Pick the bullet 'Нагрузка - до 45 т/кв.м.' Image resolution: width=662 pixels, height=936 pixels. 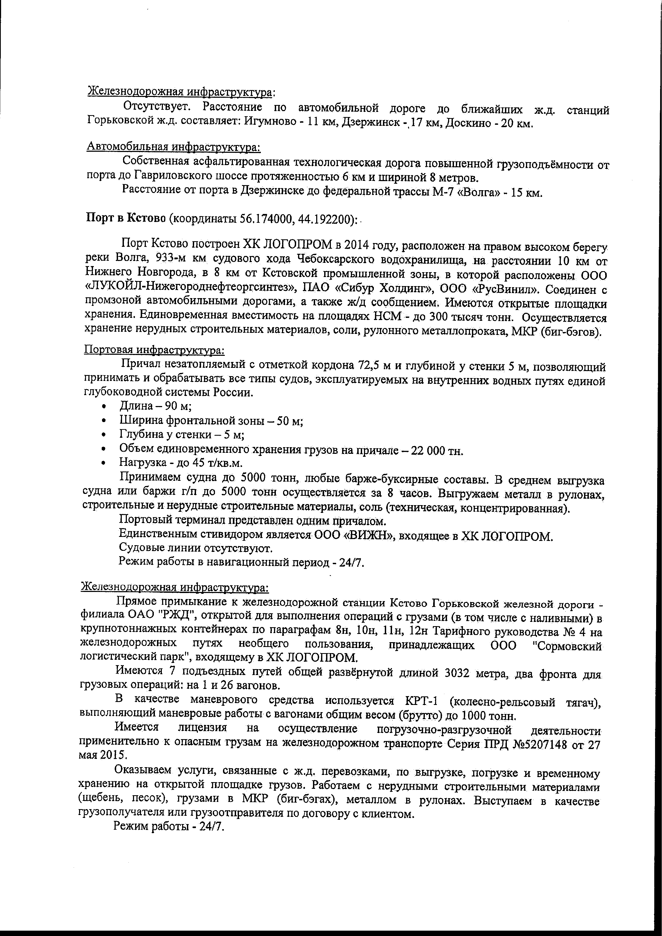point(181,463)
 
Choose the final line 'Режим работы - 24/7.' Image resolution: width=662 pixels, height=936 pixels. point(169,826)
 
